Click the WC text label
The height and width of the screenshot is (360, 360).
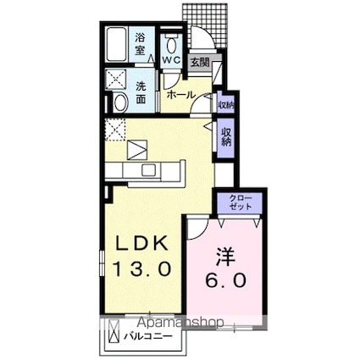[172, 61]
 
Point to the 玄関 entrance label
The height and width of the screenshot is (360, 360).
[199, 62]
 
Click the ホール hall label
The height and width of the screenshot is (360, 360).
[182, 95]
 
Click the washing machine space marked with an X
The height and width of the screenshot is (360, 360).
[116, 80]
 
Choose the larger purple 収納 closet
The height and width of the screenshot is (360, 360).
[227, 137]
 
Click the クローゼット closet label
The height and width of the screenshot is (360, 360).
[240, 202]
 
